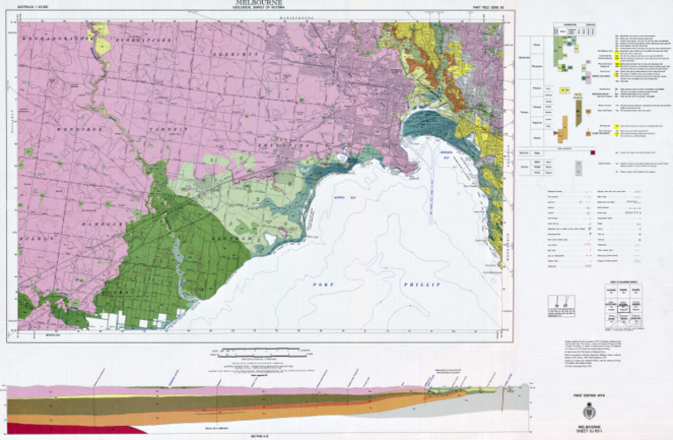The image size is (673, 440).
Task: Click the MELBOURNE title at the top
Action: [x=260, y=4]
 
